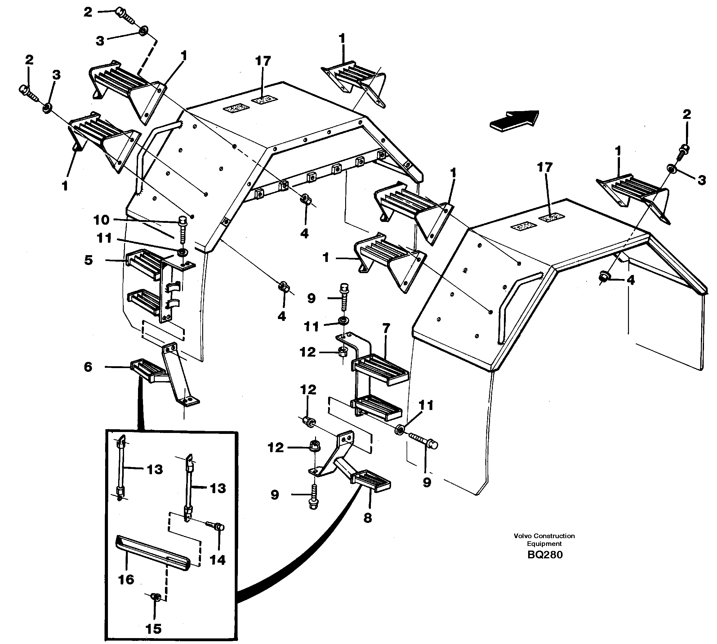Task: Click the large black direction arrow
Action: point(515,121)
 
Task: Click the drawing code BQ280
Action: point(545,555)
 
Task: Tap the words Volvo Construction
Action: point(544,536)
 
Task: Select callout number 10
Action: point(101,220)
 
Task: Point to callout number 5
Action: point(88,260)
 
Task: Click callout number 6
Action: point(88,367)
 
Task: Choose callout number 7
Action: point(386,328)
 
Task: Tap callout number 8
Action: point(368,518)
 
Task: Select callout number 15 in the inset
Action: point(154,629)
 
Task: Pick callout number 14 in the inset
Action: point(217,560)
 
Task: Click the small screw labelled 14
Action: point(216,527)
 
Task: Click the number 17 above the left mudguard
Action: point(263,61)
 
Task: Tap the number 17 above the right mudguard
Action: point(545,167)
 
